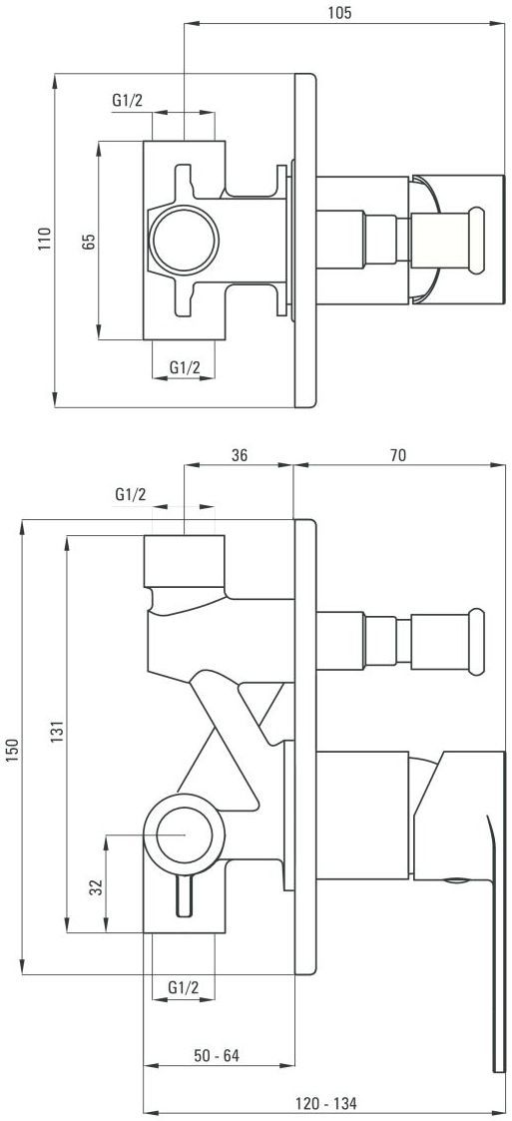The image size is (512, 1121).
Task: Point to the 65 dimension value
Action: point(89,241)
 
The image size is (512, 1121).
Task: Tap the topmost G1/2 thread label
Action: point(129,101)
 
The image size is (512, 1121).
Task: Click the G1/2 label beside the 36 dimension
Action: point(131,494)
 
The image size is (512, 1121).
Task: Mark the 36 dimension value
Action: point(240,454)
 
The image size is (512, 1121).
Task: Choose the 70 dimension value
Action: point(397,454)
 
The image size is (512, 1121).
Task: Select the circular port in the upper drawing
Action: point(184,241)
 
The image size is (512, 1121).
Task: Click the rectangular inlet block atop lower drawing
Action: point(185,561)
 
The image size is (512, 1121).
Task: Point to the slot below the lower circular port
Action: point(184,894)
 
